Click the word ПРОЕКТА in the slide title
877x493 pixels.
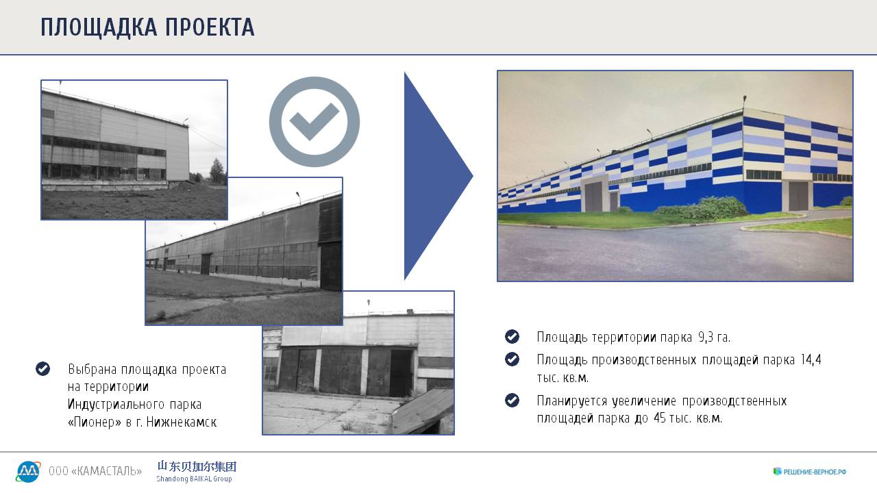[x=210, y=27]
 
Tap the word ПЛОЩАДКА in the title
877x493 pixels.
[x=99, y=27]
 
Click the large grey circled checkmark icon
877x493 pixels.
[x=314, y=122]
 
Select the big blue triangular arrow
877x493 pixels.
[x=438, y=176]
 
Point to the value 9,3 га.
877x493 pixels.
[x=714, y=337]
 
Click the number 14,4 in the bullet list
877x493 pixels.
[x=811, y=359]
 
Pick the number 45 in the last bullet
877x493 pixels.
[x=659, y=418]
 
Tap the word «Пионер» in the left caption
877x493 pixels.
[x=95, y=422]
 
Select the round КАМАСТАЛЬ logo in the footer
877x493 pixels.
[x=28, y=472]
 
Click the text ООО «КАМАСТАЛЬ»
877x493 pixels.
[x=95, y=470]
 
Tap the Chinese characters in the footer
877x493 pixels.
[x=197, y=466]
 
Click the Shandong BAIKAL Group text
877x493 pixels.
[x=194, y=479]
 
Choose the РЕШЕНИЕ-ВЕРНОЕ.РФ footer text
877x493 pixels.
[x=815, y=472]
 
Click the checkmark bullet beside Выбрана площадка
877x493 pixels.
[x=42, y=368]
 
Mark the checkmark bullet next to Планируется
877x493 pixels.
[x=512, y=401]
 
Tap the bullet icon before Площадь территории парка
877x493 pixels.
[x=512, y=336]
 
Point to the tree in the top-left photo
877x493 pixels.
[x=217, y=171]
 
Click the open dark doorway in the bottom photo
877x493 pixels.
[x=401, y=372]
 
